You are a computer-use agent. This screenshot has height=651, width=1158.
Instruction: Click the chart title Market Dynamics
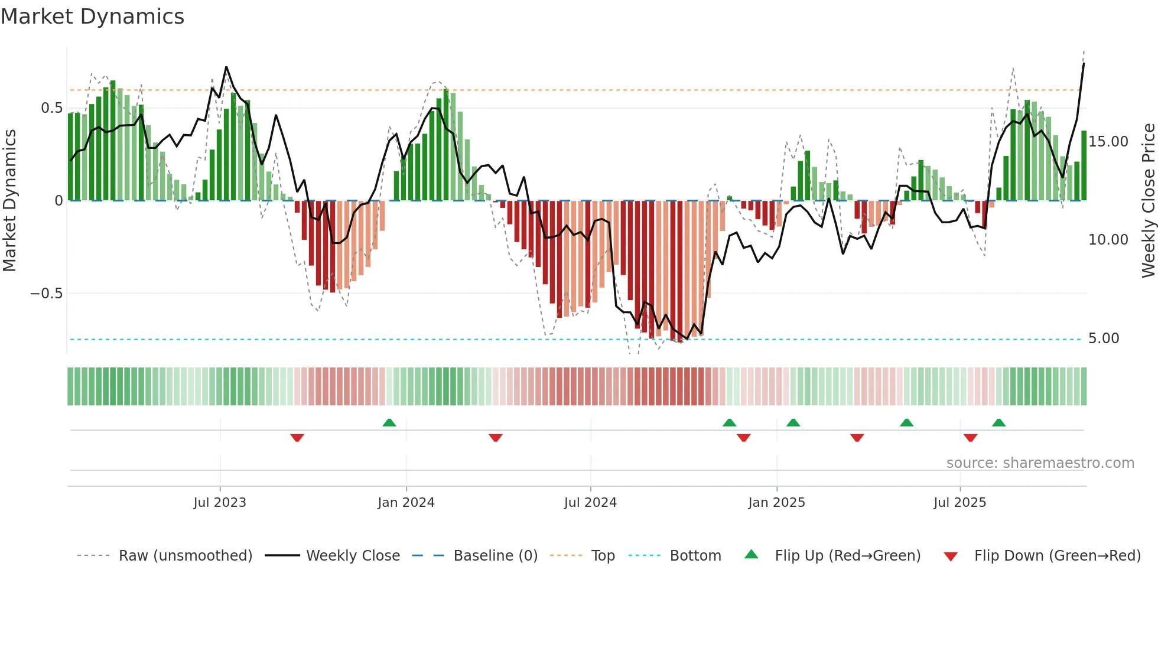pyautogui.click(x=92, y=17)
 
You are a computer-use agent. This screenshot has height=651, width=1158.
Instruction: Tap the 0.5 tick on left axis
pyautogui.click(x=51, y=108)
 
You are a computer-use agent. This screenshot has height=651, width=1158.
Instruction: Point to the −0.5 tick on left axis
pyautogui.click(x=47, y=294)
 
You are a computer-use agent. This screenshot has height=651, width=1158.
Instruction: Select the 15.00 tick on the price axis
pyautogui.click(x=1108, y=142)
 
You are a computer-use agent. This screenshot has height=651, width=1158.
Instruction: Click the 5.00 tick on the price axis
pyautogui.click(x=1103, y=338)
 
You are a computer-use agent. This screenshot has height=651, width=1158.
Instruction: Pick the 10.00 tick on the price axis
pyautogui.click(x=1108, y=240)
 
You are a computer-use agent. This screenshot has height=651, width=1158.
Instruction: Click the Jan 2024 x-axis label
pyautogui.click(x=406, y=503)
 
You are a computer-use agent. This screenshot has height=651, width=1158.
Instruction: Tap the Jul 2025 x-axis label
pyautogui.click(x=959, y=503)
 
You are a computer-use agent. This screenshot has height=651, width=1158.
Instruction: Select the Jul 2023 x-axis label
pyautogui.click(x=220, y=503)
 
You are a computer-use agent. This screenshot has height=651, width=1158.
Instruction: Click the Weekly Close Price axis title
pyautogui.click(x=1148, y=201)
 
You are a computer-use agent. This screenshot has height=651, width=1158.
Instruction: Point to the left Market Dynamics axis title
pyautogui.click(x=9, y=201)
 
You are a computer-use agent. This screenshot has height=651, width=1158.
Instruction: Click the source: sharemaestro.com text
pyautogui.click(x=1040, y=463)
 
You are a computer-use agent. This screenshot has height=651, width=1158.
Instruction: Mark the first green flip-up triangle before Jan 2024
pyautogui.click(x=389, y=423)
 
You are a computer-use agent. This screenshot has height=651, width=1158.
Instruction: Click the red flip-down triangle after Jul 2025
pyautogui.click(x=970, y=438)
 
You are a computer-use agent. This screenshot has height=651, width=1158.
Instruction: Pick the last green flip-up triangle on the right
pyautogui.click(x=998, y=423)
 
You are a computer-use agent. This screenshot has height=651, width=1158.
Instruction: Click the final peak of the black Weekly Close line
pyautogui.click(x=1084, y=64)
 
